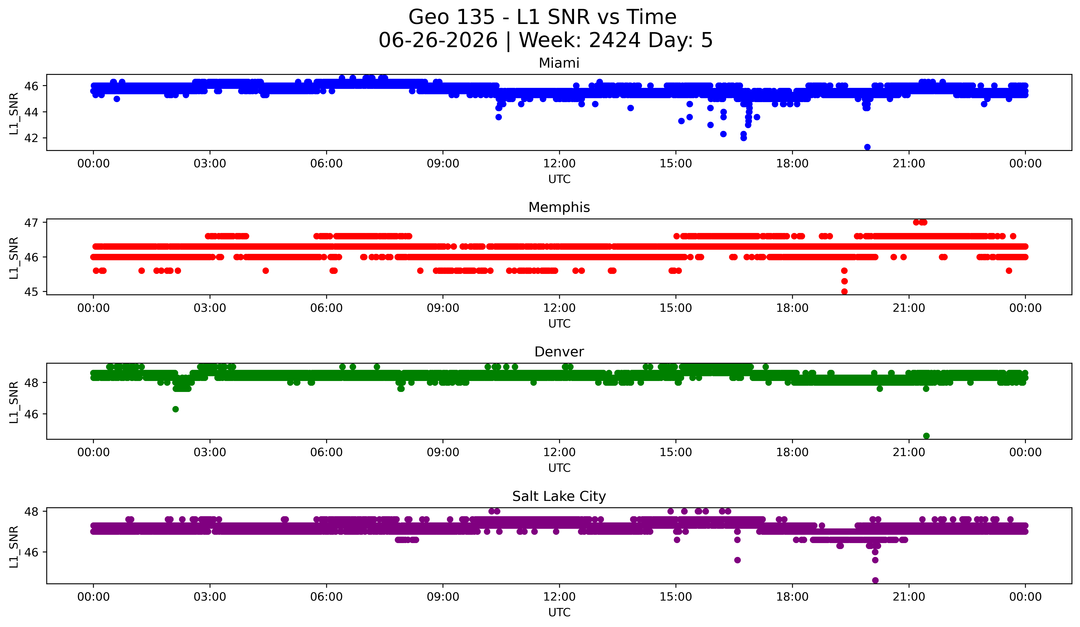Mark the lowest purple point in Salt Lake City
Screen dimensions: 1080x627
pyautogui.click(x=875, y=580)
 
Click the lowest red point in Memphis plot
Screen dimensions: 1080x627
pyautogui.click(x=844, y=291)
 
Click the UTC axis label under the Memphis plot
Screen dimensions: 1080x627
pyautogui.click(x=559, y=324)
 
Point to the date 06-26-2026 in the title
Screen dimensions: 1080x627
pyautogui.click(x=438, y=40)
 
